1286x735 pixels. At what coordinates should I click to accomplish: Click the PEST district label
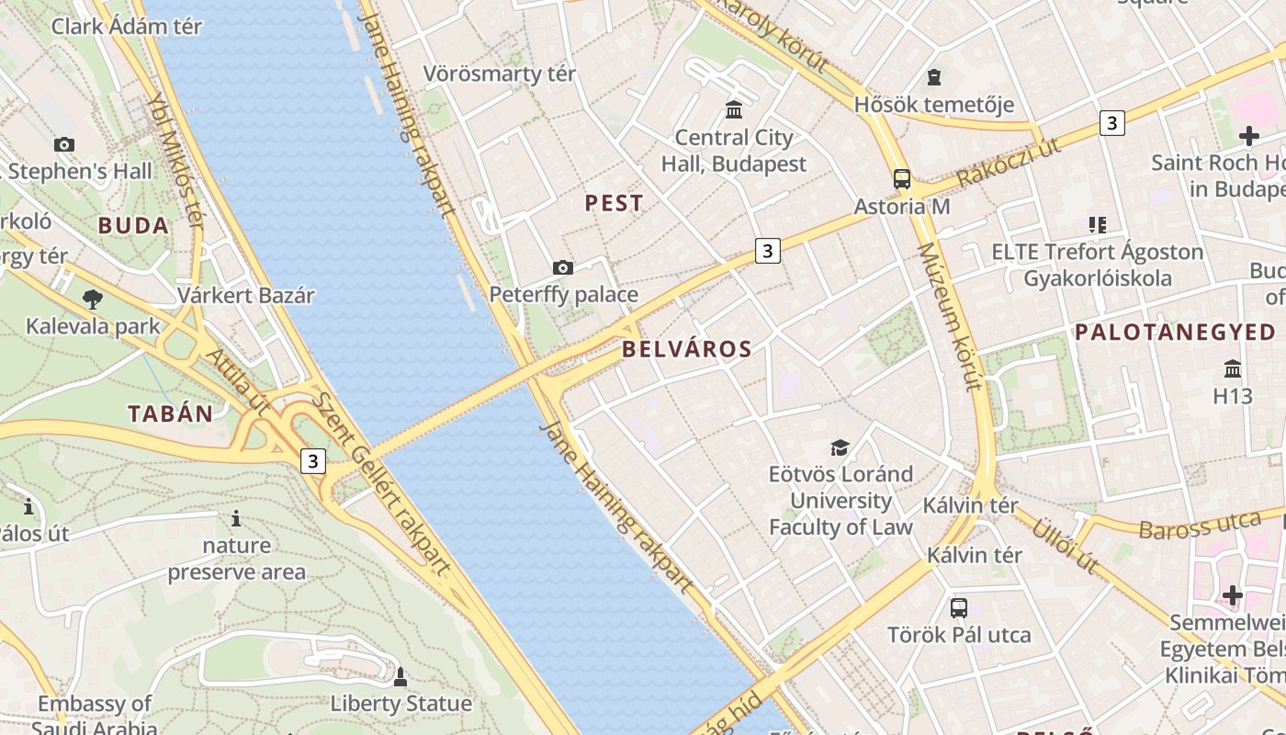[615, 203]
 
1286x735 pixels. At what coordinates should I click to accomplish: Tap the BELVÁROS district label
[687, 349]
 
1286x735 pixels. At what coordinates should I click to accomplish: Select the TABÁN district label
[171, 413]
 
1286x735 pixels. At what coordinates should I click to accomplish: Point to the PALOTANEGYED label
[1175, 333]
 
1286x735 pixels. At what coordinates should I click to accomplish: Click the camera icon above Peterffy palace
[563, 267]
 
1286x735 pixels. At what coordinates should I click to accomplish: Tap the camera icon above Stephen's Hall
[63, 144]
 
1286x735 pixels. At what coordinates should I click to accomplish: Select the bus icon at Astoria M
[902, 179]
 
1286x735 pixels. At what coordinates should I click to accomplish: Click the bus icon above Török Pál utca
[959, 607]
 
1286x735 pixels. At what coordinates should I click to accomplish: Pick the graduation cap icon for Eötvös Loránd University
[840, 447]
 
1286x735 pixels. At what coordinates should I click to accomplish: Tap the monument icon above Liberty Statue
[400, 677]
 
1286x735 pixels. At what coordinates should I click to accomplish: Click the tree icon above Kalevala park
[92, 299]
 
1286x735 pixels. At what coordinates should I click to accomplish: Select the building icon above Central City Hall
[734, 110]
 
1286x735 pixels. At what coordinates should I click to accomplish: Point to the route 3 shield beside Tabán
[313, 460]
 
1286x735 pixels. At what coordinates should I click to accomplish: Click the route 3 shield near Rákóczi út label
[1112, 122]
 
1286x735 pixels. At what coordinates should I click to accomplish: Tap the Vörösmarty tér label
[500, 73]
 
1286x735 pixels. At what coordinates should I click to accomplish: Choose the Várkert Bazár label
[246, 296]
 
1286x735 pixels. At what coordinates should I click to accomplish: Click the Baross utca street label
[1200, 526]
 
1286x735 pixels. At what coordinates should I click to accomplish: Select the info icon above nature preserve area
[236, 519]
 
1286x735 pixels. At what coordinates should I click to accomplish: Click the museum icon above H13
[1233, 369]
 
